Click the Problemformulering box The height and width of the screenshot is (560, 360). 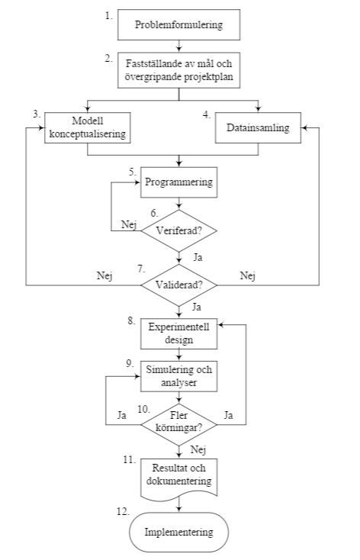(179, 24)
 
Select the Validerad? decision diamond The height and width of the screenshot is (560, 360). (179, 285)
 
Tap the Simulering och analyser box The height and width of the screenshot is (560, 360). (179, 376)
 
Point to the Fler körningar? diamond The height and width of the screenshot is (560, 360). (179, 421)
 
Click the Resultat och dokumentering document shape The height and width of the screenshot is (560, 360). (179, 476)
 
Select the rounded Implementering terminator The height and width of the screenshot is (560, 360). (179, 532)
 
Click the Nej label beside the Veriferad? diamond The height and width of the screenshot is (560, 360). (130, 224)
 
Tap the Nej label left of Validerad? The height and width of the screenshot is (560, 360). (104, 275)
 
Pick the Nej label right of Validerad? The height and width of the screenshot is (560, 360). (247, 275)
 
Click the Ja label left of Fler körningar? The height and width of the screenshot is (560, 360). (121, 416)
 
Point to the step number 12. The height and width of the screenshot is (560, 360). (123, 511)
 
